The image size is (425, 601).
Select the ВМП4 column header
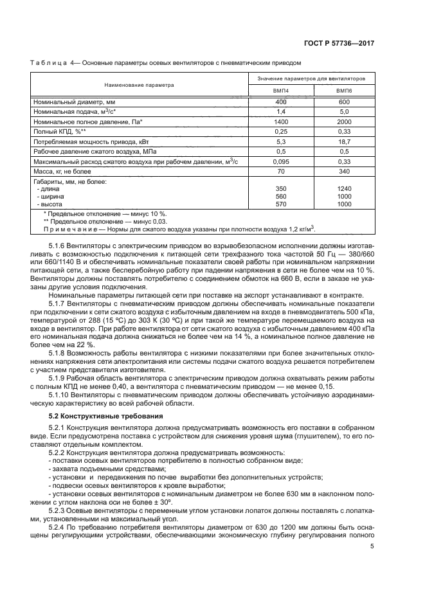click(x=281, y=92)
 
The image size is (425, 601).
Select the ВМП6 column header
click(x=345, y=92)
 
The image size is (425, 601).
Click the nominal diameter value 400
click(x=281, y=102)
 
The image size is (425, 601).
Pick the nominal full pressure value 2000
click(x=345, y=121)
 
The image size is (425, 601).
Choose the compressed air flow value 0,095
click(x=281, y=161)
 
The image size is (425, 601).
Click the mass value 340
click(x=345, y=172)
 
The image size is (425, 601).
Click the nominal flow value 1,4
click(x=281, y=112)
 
